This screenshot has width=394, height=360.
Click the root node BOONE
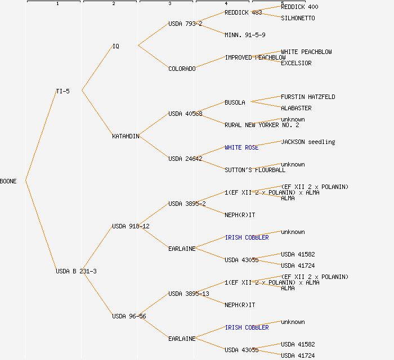[8, 181]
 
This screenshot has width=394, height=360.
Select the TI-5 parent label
[62, 91]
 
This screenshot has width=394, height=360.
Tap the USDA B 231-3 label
[76, 271]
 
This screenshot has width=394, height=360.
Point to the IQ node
[116, 46]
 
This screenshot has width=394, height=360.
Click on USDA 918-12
[131, 226]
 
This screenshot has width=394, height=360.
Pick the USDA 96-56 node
[129, 316]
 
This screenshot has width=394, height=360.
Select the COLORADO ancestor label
[182, 69]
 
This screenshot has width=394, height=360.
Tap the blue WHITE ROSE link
[241, 147]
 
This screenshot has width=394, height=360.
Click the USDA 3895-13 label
[189, 294]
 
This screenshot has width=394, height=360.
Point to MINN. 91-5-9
[245, 35]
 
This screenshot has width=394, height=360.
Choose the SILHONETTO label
[298, 18]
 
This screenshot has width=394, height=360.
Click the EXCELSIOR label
[296, 63]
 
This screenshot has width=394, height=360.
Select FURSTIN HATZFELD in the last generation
[308, 97]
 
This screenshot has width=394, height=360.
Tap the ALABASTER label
[296, 108]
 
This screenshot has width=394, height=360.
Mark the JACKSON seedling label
[308, 142]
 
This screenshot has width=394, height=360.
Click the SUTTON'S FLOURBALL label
[255, 170]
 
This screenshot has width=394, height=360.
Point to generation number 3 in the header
[169, 4]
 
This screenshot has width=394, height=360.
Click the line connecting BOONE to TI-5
[41, 136]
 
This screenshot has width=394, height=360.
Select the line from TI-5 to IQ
[97, 68]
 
